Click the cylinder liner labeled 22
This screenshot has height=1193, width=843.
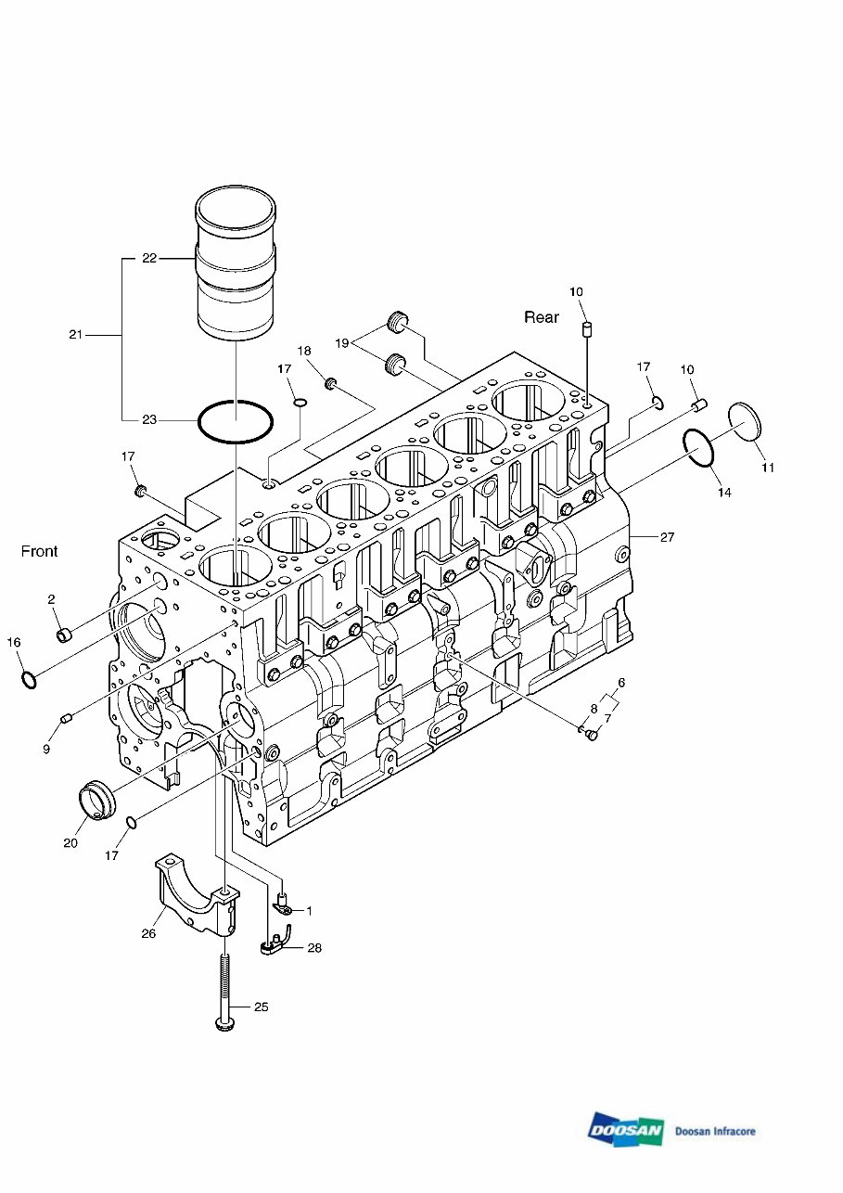(236, 263)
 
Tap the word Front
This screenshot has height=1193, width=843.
(39, 551)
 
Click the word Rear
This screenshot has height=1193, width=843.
(542, 317)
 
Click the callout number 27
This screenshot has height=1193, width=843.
(667, 537)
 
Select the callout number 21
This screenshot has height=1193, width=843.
(76, 335)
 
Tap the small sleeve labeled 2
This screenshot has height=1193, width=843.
(64, 635)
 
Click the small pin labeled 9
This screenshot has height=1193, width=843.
(66, 720)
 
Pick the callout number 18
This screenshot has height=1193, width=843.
(304, 351)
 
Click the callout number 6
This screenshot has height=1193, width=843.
(621, 682)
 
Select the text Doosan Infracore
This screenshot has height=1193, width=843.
(715, 1131)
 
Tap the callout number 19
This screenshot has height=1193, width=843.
(341, 343)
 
